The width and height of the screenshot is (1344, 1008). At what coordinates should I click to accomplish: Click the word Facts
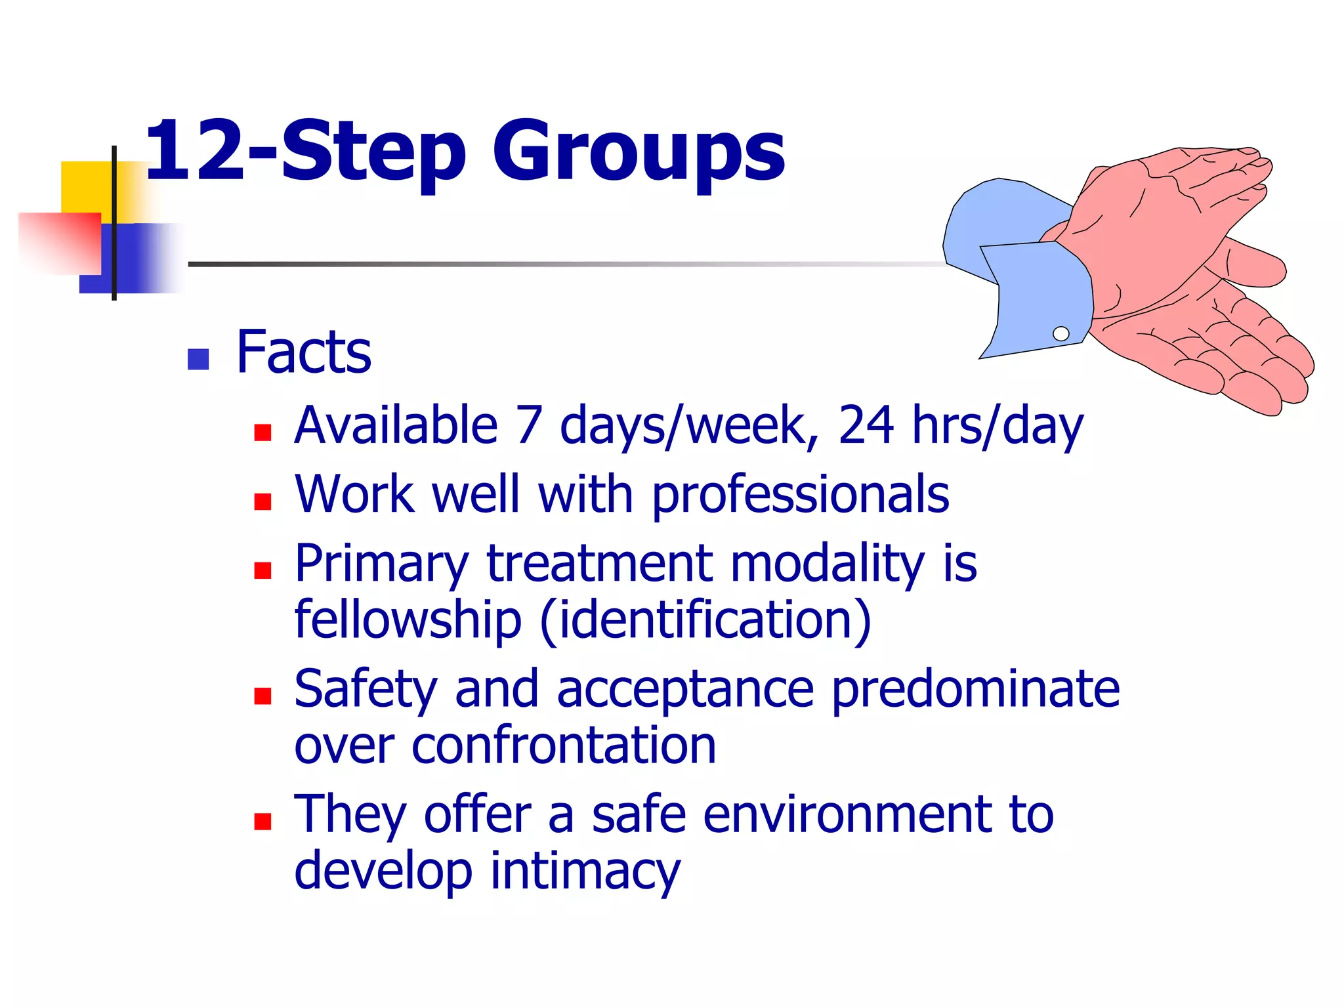point(303,353)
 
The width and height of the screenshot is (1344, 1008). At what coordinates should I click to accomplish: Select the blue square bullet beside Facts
point(198,359)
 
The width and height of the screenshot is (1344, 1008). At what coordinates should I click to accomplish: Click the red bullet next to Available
point(262,432)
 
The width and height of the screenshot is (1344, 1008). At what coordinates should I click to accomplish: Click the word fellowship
point(408,619)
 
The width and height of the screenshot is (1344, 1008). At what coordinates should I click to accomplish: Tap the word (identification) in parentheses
point(705,619)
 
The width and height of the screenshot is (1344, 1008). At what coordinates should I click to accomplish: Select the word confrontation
point(564,746)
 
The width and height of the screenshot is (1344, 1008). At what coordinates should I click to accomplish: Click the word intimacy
point(585,871)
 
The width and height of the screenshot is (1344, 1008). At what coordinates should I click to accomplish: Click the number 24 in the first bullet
point(866,425)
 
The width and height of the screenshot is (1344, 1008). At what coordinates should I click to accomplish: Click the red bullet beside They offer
point(262,822)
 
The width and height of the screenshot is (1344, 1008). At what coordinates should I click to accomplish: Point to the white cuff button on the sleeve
point(1060,333)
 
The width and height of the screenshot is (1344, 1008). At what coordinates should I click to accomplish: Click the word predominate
point(975,689)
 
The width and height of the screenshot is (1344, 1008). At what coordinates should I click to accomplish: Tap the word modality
point(827,564)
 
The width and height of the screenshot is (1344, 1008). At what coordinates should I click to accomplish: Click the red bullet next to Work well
point(262,502)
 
